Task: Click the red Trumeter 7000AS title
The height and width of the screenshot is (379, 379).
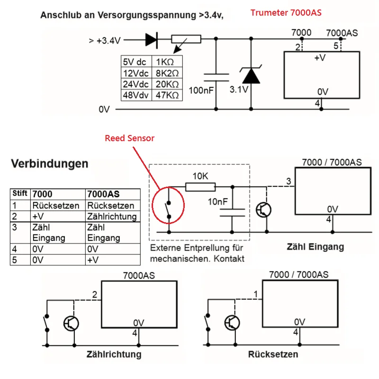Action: tap(286, 13)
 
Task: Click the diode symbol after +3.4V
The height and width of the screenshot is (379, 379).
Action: tap(152, 39)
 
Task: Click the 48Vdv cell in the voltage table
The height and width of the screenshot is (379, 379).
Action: tap(135, 95)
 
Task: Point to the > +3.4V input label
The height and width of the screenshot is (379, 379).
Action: tap(105, 41)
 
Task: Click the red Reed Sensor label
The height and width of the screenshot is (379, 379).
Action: tap(129, 138)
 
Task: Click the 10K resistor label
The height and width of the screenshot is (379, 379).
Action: tap(200, 176)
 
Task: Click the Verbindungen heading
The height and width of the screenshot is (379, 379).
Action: tap(49, 164)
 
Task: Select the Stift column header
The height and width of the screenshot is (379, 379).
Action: tap(19, 193)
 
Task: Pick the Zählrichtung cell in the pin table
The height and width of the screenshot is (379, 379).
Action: tap(112, 217)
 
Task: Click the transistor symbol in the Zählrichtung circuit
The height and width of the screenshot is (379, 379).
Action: tap(71, 324)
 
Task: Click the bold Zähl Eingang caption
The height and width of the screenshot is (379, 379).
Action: tap(315, 247)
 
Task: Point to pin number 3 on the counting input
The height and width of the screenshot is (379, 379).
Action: tap(288, 181)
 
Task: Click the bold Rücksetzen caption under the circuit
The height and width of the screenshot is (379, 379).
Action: tap(273, 354)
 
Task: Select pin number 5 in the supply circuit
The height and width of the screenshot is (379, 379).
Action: tap(336, 46)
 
